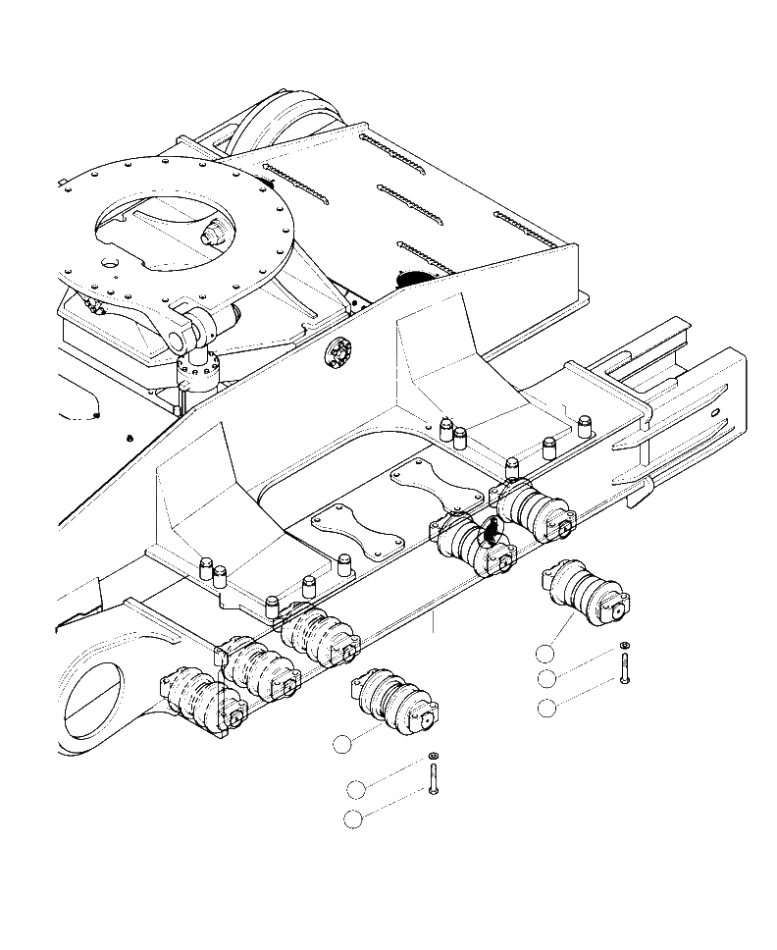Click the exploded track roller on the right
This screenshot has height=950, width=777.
coord(585,593)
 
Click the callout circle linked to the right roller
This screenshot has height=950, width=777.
coord(545,653)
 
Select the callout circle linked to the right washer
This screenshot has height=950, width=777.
coord(546,678)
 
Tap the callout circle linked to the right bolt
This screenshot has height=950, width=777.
coord(546,708)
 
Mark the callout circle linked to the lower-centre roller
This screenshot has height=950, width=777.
coord(340,746)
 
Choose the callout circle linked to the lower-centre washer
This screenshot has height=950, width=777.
coord(356,788)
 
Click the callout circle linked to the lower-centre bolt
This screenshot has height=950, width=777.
coord(354,819)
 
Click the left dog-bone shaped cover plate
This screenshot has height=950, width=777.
coord(357,530)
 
